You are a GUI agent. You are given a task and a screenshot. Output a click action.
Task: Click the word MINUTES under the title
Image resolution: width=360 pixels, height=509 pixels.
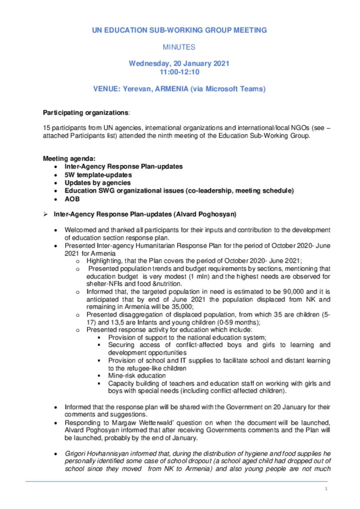[179, 47]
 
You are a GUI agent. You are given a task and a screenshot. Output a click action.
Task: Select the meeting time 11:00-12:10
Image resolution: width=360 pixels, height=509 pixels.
[179, 72]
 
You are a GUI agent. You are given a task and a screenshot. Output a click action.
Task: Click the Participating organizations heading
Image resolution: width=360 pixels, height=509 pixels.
[86, 113]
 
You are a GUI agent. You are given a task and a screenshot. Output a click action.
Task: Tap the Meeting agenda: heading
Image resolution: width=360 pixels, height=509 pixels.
[69, 158]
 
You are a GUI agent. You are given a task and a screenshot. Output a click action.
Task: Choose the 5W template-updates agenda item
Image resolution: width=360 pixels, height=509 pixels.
[98, 175]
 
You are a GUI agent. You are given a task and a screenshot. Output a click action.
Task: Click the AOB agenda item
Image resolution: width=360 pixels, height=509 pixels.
[72, 199]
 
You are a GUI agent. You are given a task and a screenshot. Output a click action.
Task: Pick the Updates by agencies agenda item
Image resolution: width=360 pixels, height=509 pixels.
[97, 183]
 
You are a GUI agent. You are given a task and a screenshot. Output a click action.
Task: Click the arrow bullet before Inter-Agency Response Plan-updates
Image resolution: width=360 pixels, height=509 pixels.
[45, 214]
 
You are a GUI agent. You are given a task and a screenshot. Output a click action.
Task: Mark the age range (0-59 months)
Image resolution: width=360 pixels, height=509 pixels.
[238, 322]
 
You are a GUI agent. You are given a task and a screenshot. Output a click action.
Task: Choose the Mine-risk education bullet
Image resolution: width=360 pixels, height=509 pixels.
[137, 376]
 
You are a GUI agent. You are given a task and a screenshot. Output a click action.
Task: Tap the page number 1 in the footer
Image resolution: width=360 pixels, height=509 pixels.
[326, 489]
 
